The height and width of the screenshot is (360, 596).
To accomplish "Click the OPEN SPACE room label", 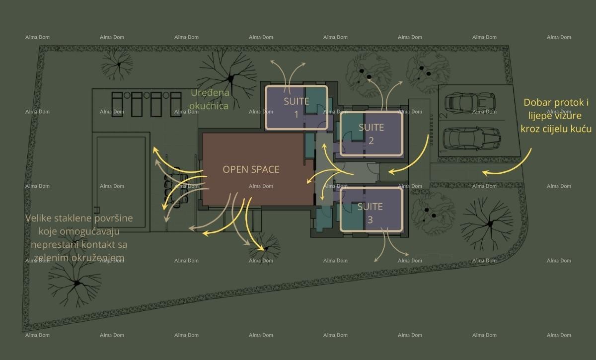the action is pos(251,169).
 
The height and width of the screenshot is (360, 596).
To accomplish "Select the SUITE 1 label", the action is pos(297,108).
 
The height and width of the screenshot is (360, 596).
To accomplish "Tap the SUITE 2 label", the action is pos(371,134).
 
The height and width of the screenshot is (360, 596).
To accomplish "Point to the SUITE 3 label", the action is pos(370,213).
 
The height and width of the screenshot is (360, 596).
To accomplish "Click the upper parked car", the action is pos(470,103).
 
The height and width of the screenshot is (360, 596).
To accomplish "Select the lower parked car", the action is pos(472,139).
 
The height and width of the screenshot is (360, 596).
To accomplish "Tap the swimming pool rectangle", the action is pos(121,182).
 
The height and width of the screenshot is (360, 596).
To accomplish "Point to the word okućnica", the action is pos(209,106).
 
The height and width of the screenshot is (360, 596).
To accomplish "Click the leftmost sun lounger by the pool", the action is pos(117,104).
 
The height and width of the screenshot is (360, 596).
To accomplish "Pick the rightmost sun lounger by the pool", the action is pos(176,104).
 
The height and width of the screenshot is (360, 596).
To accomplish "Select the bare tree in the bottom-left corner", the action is pos(75,283).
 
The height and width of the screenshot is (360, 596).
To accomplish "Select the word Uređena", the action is pos(210,93).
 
